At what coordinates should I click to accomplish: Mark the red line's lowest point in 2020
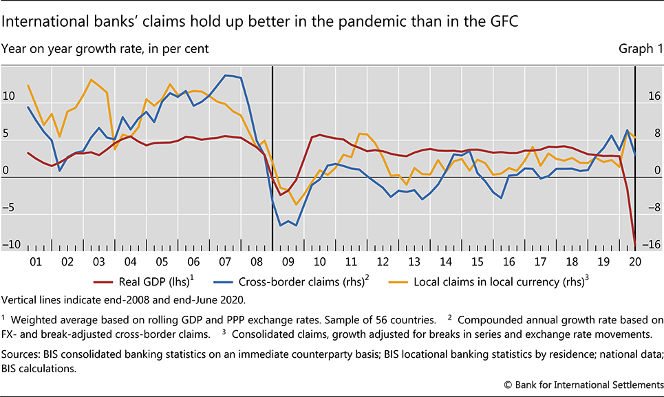click(x=634, y=243)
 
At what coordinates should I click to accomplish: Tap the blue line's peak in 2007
click(x=228, y=75)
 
